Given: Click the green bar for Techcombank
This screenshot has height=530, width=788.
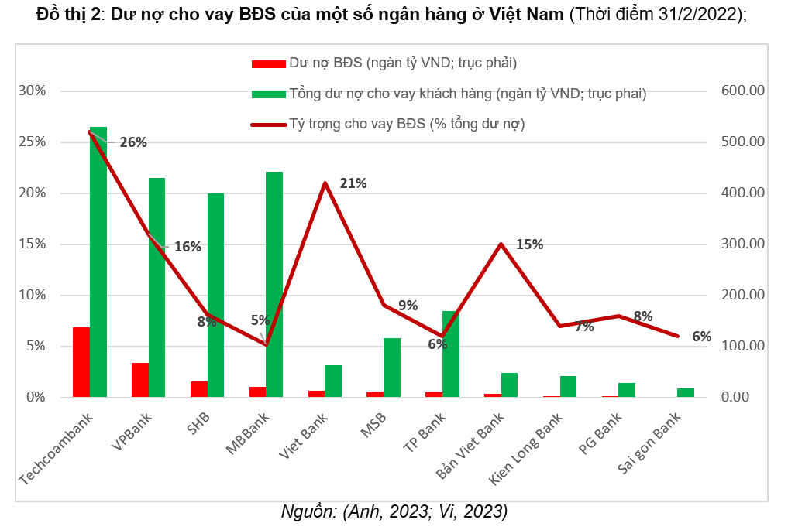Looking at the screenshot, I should [x=98, y=263].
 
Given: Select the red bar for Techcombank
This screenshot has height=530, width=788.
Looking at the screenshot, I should [x=81, y=362].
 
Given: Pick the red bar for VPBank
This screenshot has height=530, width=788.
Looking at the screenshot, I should [x=140, y=380].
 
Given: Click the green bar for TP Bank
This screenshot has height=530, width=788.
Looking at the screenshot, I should [x=451, y=354].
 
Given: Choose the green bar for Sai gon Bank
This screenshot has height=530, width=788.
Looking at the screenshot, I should [x=686, y=392].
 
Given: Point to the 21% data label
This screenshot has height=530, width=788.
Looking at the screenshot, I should [x=353, y=183].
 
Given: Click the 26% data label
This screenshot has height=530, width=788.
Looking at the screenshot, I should [x=133, y=142].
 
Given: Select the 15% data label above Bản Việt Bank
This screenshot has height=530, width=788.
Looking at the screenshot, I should [x=529, y=244].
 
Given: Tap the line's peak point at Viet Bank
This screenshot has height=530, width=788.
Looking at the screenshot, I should [x=325, y=183].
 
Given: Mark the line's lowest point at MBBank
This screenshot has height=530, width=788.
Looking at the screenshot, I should [x=266, y=344].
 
